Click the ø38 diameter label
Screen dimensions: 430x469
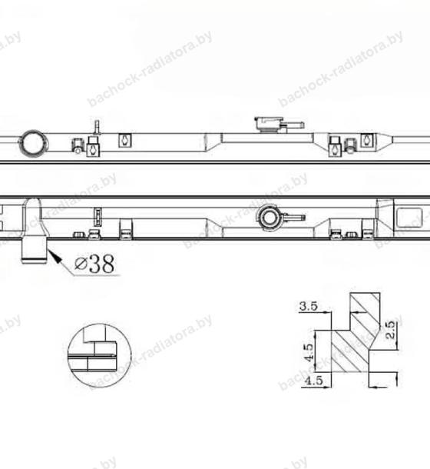coord(94,264)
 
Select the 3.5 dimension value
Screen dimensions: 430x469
coord(308,306)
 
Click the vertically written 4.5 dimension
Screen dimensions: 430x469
coord(308,352)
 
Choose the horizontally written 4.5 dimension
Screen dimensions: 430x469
coord(313,381)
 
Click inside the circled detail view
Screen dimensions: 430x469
coord(100,355)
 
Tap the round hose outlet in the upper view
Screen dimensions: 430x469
coord(33,144)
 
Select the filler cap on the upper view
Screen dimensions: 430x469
coord(268,124)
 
